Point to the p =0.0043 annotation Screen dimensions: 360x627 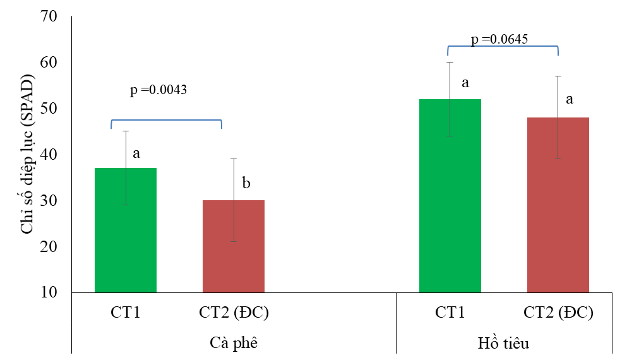pos(158,90)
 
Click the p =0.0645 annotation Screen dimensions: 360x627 pos(499,40)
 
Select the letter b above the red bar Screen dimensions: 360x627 pos(246,184)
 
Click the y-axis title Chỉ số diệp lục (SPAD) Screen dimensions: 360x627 pos(27,154)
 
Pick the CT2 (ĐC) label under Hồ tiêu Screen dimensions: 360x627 pos(558,312)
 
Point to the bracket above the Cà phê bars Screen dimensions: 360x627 pos(166,121)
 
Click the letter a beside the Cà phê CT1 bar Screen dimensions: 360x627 pos(136,153)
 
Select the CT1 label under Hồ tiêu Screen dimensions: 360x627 pos(450,312)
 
